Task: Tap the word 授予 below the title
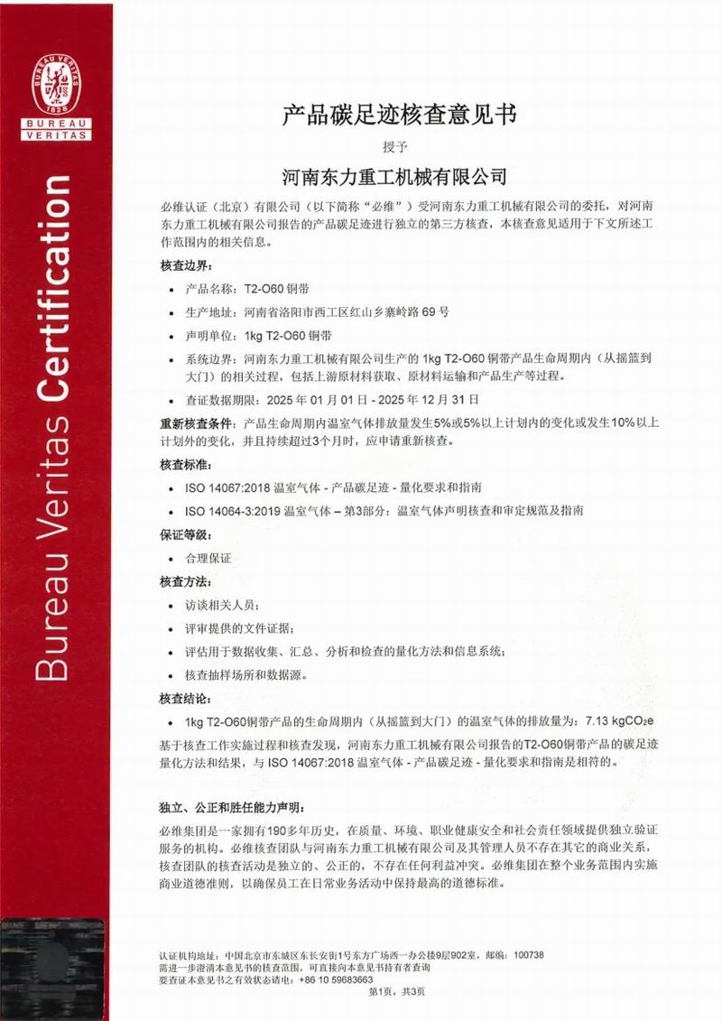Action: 398,145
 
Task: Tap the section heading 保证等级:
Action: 188,534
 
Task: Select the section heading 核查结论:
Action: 188,699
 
